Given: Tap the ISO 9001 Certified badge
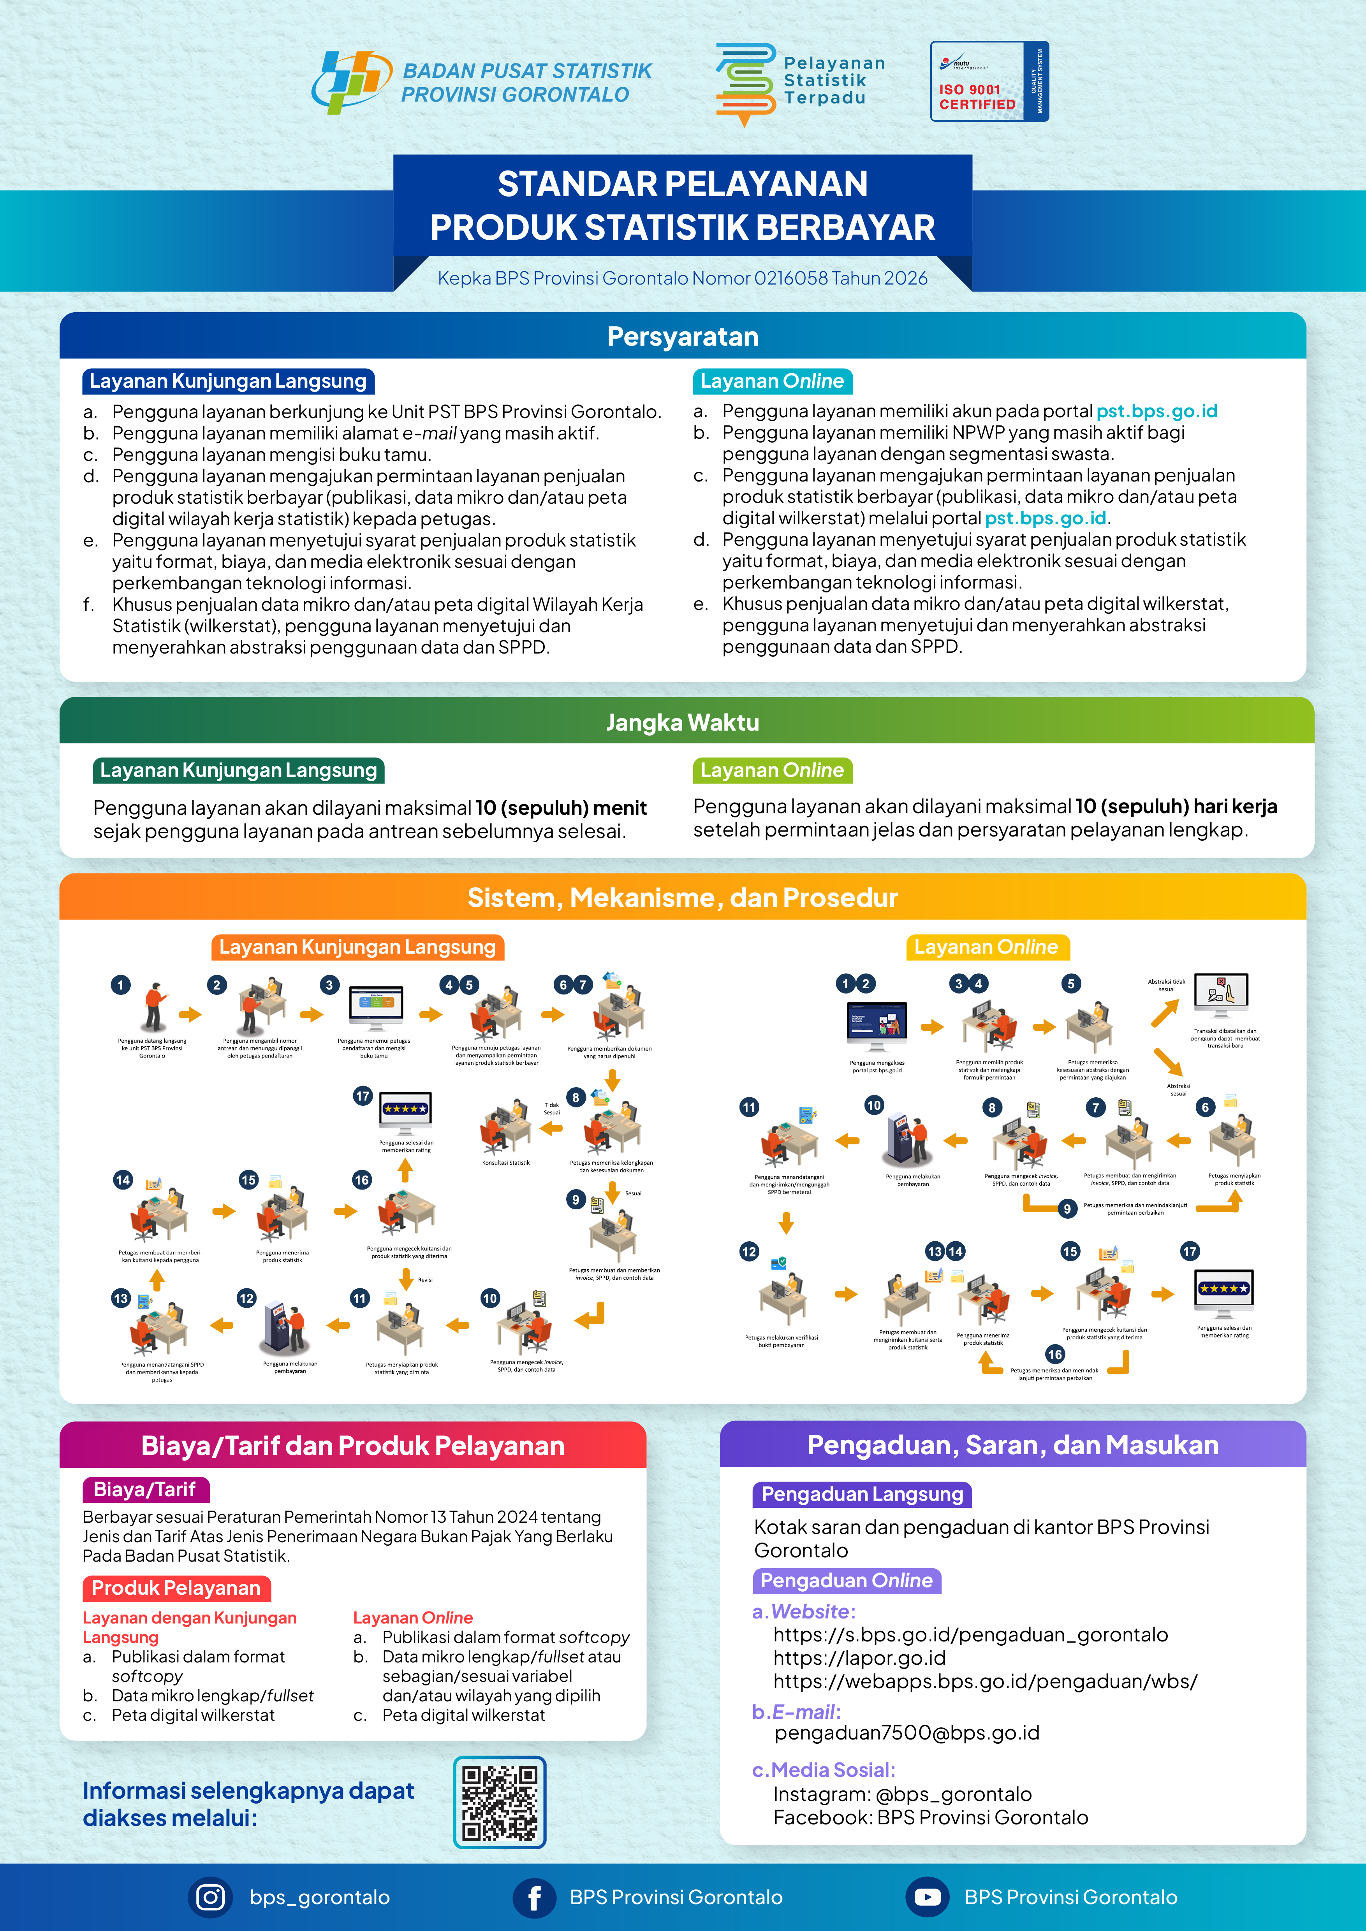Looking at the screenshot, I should click(x=989, y=82).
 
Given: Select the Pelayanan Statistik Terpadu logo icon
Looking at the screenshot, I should click(x=745, y=84).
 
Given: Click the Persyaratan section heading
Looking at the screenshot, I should click(x=682, y=336).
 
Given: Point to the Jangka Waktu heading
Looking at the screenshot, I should click(x=682, y=722).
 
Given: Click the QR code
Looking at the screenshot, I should click(x=500, y=1801).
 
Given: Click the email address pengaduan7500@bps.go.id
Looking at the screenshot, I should click(x=907, y=1732).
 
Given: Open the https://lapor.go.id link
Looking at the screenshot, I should click(x=859, y=1658).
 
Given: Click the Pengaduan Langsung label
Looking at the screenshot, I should click(x=861, y=1495).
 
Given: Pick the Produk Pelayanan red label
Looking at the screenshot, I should click(x=177, y=1588).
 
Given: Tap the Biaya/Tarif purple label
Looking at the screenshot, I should click(x=145, y=1490).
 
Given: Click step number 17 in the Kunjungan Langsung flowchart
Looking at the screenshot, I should click(x=363, y=1096).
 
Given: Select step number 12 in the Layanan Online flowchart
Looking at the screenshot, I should click(x=748, y=1251).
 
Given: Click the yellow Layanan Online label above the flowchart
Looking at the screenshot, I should click(x=986, y=947).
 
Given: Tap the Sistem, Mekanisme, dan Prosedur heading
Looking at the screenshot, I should click(x=682, y=897).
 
